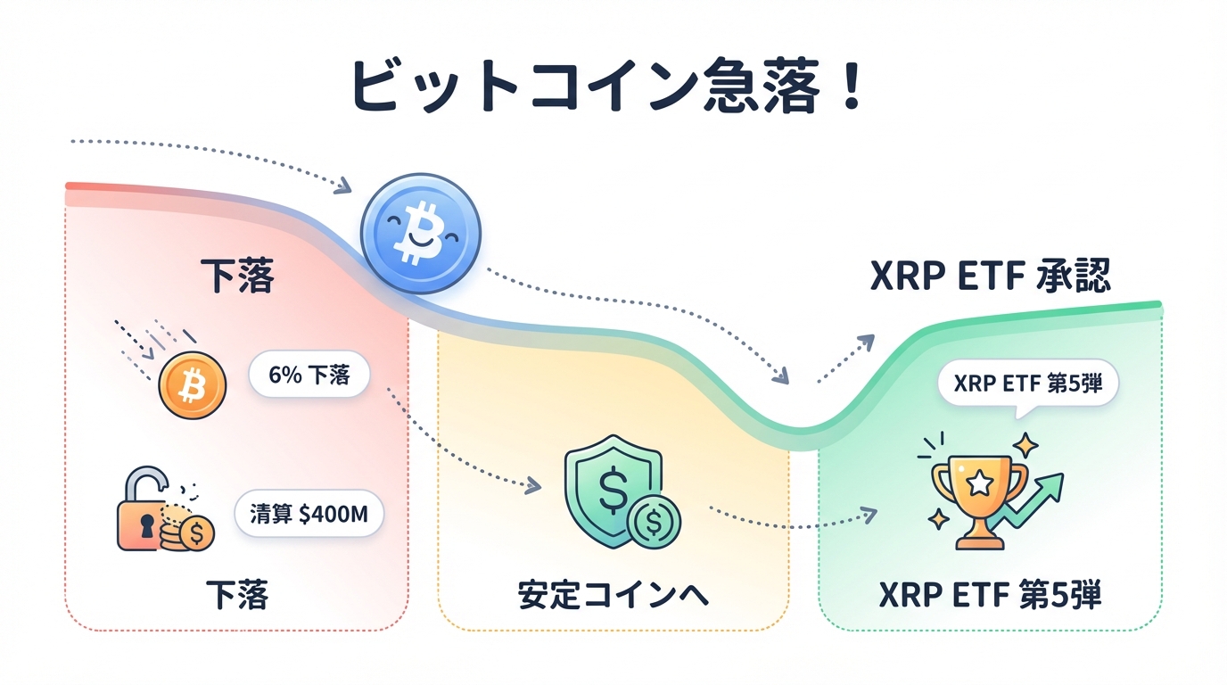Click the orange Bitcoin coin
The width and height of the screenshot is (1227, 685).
click(192, 385)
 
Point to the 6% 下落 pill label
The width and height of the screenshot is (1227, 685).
click(309, 376)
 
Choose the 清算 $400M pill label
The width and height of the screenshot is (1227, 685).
click(309, 514)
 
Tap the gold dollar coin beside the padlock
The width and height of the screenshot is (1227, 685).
click(195, 534)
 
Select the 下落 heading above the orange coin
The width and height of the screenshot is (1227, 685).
click(236, 276)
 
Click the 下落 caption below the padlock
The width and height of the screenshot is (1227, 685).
click(236, 594)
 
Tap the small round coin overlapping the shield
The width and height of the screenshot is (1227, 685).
click(654, 521)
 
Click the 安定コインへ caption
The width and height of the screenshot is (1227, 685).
click(613, 596)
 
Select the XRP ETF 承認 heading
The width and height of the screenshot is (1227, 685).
click(990, 276)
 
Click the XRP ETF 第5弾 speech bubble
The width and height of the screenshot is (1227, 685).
click(1027, 384)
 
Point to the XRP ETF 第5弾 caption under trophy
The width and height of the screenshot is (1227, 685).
click(990, 594)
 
